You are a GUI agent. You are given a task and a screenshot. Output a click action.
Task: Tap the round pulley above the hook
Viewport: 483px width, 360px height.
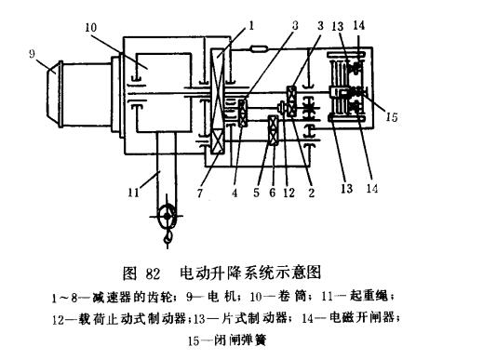[166, 217]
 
